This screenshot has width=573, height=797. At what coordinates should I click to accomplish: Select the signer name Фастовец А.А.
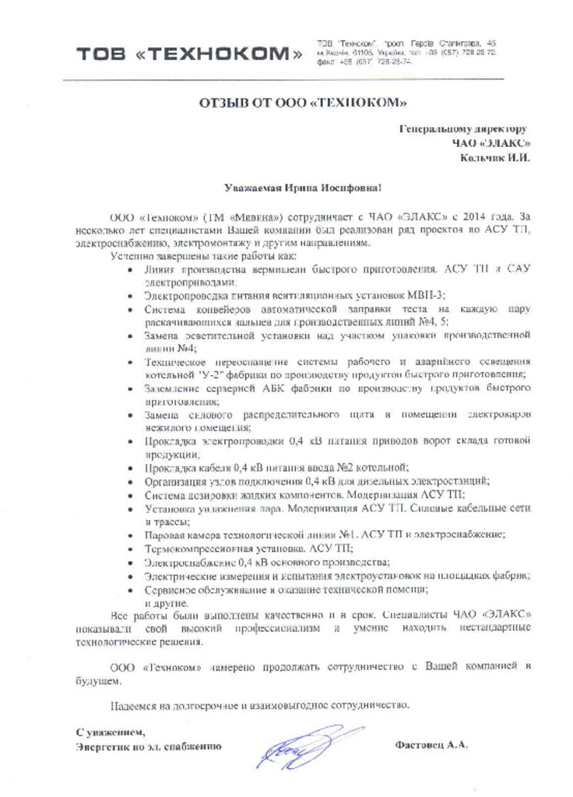[x=432, y=745]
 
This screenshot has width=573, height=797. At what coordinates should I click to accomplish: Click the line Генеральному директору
[x=463, y=128]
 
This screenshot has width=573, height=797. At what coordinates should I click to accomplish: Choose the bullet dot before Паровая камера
[x=129, y=535]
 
